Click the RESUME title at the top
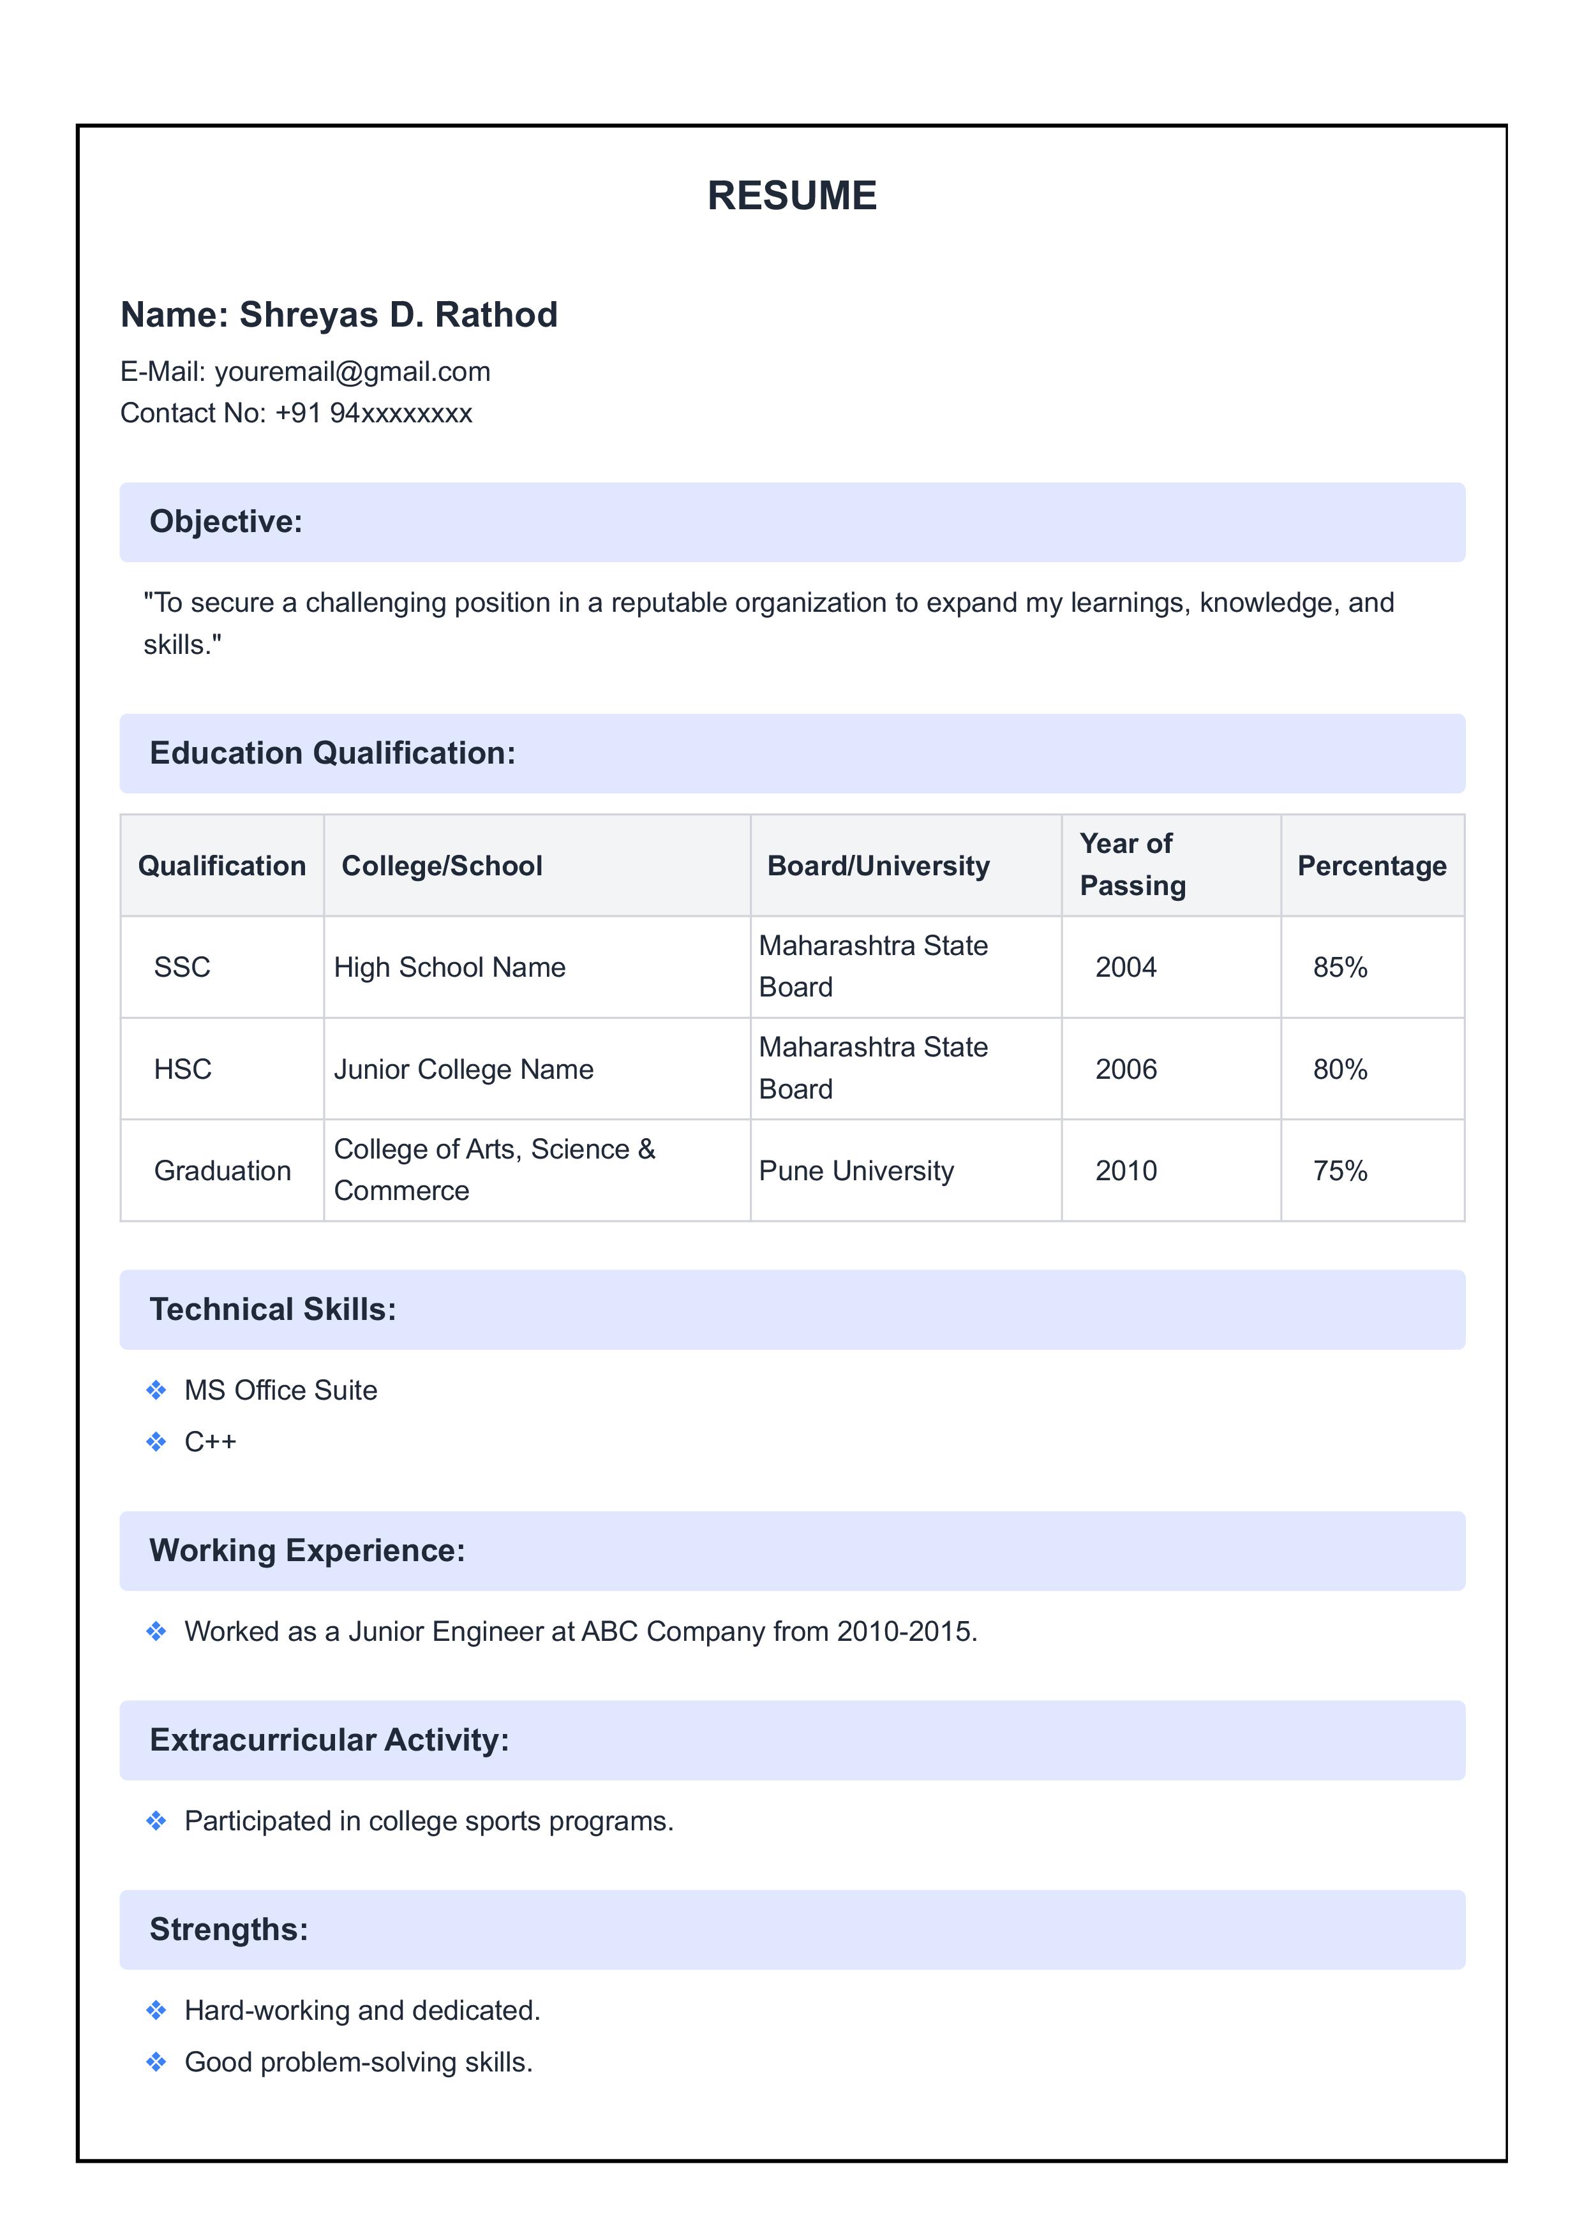pyautogui.click(x=791, y=195)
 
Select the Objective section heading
pyautogui.click(x=226, y=521)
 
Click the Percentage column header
pyautogui.click(x=1371, y=866)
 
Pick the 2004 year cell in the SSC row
pyautogui.click(x=1125, y=967)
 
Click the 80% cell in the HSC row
pyautogui.click(x=1339, y=1069)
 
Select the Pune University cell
pyautogui.click(x=856, y=1171)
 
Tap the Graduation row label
pyautogui.click(x=222, y=1171)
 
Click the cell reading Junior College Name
pyautogui.click(x=463, y=1069)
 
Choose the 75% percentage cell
pyautogui.click(x=1339, y=1171)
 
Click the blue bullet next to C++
pyautogui.click(x=156, y=1442)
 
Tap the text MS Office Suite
pyautogui.click(x=281, y=1390)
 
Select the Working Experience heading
pyautogui.click(x=307, y=1551)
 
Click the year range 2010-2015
pyautogui.click(x=906, y=1632)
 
